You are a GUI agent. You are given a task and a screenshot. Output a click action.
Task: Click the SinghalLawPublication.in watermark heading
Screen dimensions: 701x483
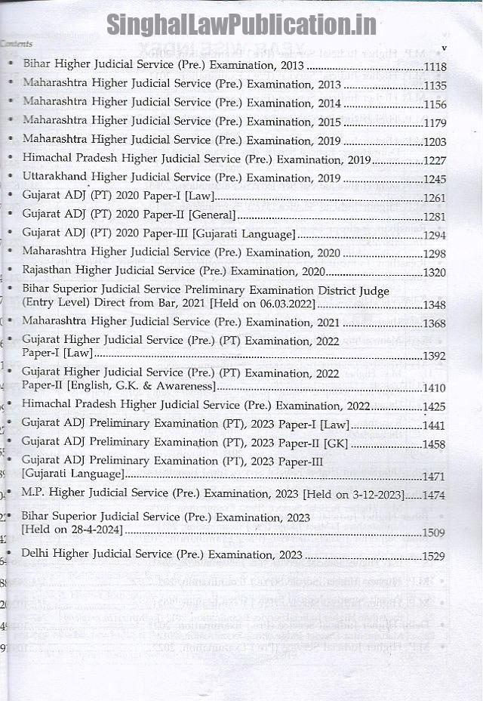point(241,24)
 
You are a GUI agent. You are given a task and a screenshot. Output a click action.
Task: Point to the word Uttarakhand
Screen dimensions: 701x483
point(55,178)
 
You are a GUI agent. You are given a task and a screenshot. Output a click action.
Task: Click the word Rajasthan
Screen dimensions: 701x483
point(48,270)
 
